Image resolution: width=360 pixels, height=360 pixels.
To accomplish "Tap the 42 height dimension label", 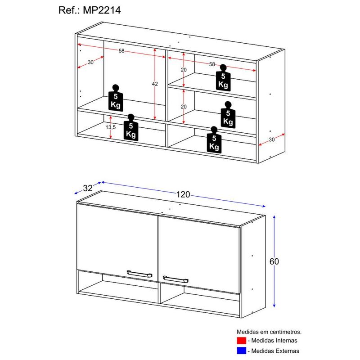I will click(155, 84).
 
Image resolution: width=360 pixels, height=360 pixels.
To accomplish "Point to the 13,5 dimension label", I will click(111, 127).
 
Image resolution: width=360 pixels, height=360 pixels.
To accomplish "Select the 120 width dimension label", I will click(183, 194).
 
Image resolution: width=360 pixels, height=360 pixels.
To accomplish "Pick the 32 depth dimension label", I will click(88, 189).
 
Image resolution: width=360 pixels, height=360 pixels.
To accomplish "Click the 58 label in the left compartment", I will click(121, 51).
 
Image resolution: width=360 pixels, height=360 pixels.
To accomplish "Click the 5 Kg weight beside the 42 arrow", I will click(116, 98).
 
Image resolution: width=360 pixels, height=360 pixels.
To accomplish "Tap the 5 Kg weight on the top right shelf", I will click(223, 77).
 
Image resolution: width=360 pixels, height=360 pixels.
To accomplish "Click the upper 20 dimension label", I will click(184, 70).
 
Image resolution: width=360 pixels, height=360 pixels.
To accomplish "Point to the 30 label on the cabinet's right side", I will click(271, 139).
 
